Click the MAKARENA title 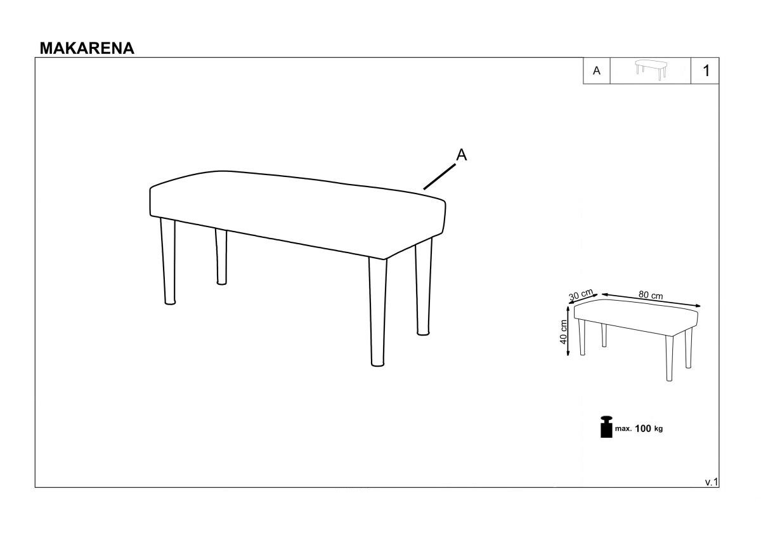87,48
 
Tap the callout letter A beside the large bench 462,155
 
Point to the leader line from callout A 439,177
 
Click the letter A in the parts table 597,70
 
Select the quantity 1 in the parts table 706,70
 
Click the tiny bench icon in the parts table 651,70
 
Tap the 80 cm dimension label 650,295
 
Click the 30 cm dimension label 582,294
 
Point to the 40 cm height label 564,332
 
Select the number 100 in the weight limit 643,429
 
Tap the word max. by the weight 623,429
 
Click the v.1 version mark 712,482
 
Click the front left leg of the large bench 169,261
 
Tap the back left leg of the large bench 221,256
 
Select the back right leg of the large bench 424,287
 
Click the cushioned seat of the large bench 297,214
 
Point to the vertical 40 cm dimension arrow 568,331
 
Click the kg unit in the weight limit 658,429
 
